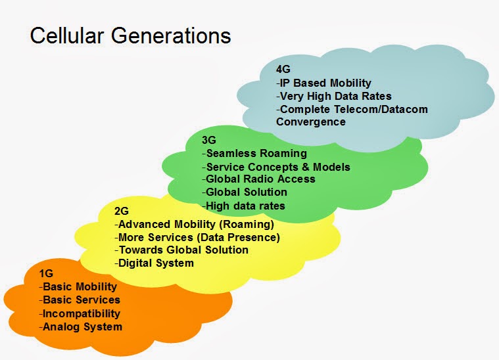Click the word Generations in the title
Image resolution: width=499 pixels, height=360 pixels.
[171, 35]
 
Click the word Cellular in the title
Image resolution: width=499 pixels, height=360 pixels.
[67, 35]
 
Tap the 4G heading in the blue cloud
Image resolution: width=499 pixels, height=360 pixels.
[283, 69]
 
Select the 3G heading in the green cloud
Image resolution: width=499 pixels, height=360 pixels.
[209, 140]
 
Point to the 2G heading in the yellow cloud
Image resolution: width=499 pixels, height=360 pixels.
[122, 211]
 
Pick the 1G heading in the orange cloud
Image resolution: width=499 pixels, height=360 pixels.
[46, 273]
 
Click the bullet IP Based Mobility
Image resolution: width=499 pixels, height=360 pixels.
[323, 83]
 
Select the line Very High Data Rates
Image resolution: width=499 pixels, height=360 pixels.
[334, 96]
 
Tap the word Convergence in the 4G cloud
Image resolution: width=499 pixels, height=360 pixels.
[311, 122]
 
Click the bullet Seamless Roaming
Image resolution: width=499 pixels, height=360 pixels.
[254, 153]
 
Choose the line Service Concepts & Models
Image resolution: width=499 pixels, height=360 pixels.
[276, 167]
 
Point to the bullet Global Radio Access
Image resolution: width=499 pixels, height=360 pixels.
[258, 179]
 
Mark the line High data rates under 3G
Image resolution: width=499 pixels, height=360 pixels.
[243, 206]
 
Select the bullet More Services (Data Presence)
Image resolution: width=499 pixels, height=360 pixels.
[197, 237]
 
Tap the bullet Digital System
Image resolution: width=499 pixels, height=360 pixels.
[154, 263]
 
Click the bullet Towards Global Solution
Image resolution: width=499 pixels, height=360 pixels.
[181, 250]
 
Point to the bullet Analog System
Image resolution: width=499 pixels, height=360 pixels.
[81, 326]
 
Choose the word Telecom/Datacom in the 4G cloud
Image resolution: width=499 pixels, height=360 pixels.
[381, 109]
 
